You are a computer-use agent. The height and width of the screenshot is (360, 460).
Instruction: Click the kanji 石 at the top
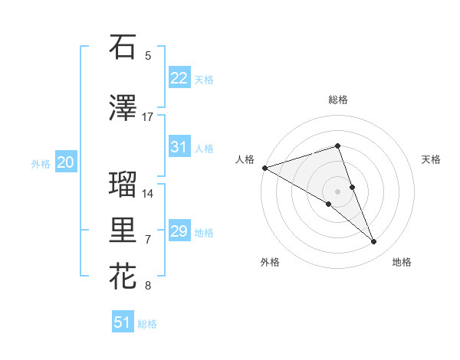123,47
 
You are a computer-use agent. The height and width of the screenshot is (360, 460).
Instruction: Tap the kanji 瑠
123,185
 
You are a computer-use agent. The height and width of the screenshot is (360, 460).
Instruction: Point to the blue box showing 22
179,78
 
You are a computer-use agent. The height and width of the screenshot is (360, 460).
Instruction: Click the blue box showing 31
179,147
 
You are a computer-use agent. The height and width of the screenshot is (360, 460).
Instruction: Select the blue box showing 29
179,231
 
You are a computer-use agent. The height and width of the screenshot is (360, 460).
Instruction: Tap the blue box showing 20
66,162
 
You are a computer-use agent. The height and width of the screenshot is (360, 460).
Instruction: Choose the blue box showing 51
123,322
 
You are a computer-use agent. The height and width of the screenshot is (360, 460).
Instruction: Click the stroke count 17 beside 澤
148,117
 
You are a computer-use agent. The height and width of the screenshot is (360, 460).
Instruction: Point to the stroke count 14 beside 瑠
148,194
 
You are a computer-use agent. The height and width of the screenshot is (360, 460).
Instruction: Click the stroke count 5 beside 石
148,56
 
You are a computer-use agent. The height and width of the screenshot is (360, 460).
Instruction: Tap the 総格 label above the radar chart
337,100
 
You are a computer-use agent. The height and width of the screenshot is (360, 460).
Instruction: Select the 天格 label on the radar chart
431,159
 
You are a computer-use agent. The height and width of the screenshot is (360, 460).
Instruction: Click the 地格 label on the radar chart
402,262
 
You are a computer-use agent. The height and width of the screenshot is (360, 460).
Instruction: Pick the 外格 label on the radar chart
270,262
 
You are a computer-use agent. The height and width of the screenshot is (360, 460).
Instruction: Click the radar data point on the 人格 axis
264,167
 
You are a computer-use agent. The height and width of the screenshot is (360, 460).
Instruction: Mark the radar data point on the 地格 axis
373,241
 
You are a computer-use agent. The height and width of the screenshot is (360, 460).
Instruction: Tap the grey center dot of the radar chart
337,190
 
